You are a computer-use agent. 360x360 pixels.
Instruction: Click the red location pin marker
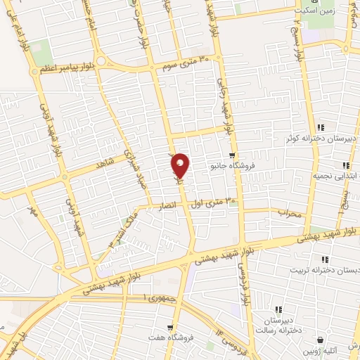[x=181, y=165]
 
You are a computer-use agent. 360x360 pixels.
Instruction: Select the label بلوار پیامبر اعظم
[x=66, y=72]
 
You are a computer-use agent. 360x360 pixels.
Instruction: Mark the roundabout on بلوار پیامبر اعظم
[x=101, y=60]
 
